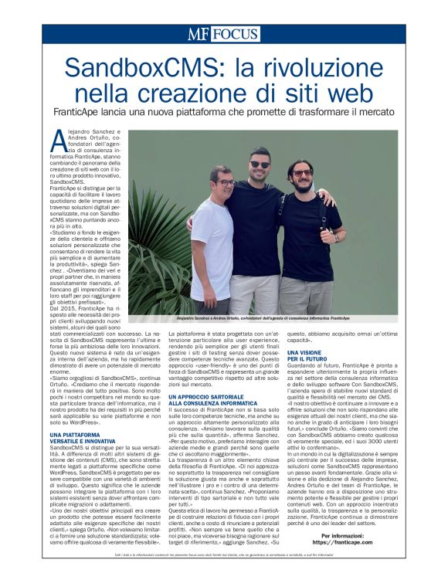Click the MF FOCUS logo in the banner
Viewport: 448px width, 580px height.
click(223, 33)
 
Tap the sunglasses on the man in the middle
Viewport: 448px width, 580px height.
click(259, 165)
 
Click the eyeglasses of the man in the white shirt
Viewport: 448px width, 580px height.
click(226, 182)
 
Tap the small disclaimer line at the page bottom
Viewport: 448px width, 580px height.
click(223, 555)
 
